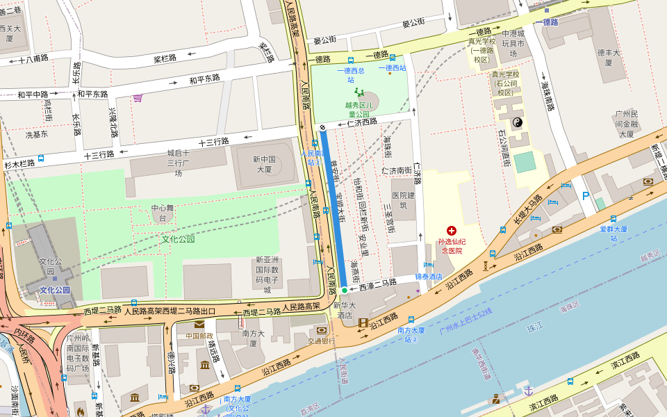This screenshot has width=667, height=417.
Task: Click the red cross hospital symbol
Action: click(452, 230)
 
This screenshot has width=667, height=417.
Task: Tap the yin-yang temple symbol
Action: click(517, 122)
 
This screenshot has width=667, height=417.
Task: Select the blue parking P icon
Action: click(586, 197)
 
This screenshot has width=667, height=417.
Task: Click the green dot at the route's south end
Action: click(343, 290)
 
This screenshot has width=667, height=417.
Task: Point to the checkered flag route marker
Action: click(323, 127)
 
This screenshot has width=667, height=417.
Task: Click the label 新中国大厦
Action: click(263, 164)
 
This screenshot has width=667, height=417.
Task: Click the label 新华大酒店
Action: click(345, 310)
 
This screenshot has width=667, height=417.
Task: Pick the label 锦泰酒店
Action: click(429, 276)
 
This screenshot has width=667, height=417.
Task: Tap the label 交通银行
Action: click(322, 341)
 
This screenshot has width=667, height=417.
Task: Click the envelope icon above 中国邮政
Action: click(199, 324)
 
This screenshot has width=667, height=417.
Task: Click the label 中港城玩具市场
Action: click(513, 43)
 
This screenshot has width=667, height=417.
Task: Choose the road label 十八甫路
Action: click(33, 59)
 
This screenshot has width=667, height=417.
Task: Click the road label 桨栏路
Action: click(167, 58)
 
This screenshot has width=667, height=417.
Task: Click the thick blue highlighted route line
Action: click(333, 208)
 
